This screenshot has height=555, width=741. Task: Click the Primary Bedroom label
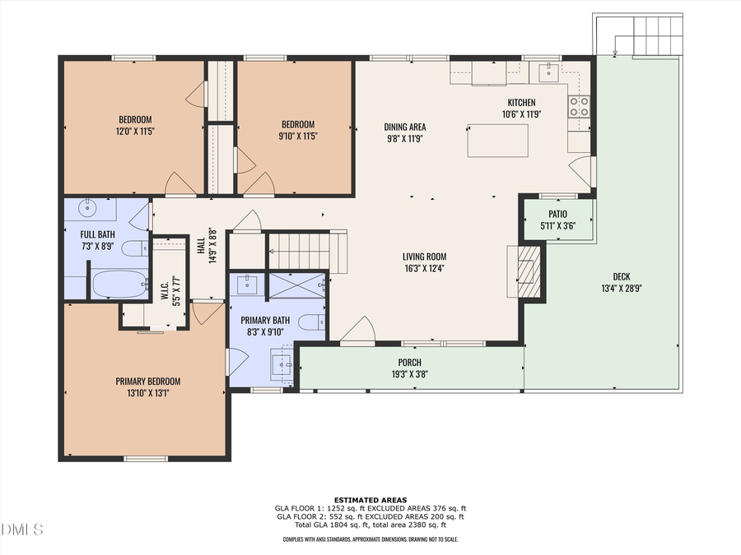point(147,382)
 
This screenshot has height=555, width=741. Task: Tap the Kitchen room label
point(520,103)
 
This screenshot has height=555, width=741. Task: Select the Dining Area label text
point(404,127)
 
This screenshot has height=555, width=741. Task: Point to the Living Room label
point(424,257)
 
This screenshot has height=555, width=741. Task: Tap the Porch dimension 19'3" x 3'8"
point(409,374)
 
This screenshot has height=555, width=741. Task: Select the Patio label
point(557,215)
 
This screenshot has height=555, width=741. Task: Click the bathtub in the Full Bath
point(119,284)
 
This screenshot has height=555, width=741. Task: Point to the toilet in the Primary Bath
point(310,321)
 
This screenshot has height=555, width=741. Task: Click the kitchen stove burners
point(579,105)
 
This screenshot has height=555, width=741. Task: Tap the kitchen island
point(498,140)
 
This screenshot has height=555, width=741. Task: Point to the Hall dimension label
point(212,244)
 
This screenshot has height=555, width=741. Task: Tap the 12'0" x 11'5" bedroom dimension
point(135,131)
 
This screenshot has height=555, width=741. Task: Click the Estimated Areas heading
point(370,500)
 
